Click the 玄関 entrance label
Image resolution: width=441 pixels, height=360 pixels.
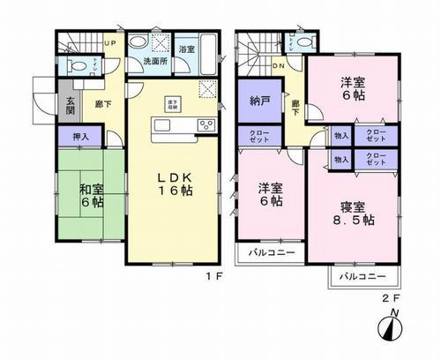point(71,107)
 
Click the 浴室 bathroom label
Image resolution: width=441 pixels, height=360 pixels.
point(186,50)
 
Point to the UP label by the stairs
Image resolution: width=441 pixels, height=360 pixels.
point(110,42)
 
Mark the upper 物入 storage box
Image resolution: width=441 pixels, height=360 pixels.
point(340,136)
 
